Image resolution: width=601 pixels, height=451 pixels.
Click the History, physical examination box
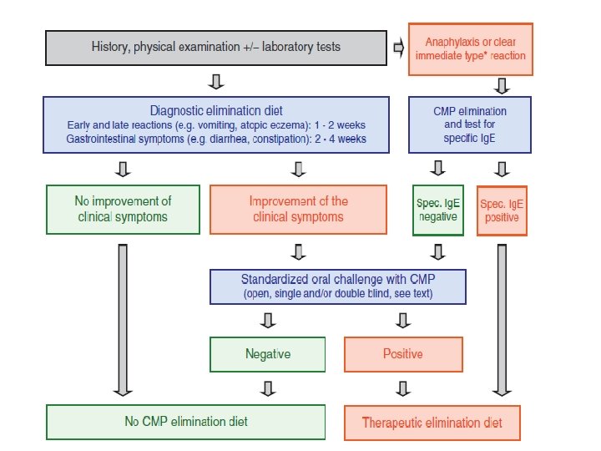215,48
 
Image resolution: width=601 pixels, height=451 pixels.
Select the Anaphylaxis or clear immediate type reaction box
471,48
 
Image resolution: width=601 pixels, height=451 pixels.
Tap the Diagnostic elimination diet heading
216,110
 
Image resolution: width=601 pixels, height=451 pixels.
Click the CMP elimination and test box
470,124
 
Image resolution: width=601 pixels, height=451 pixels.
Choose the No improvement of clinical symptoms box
122,210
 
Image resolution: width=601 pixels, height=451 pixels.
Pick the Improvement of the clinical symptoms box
298,210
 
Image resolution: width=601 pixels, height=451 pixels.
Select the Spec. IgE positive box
502,210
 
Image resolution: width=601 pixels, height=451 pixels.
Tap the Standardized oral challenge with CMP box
337,286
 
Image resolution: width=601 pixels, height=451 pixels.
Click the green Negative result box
268,354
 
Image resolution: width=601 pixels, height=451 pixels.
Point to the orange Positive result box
403,354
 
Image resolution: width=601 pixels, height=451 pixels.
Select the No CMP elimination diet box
185,422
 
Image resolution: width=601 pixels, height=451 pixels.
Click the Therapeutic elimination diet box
432,423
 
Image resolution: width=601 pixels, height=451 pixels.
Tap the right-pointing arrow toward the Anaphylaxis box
398,48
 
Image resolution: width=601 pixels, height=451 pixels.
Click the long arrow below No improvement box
122,317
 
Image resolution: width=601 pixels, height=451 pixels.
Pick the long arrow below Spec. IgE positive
502,317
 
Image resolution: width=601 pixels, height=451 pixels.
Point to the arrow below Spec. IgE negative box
436,251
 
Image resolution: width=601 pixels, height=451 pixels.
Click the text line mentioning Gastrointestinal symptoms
216,138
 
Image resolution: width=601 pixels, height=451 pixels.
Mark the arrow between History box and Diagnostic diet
216,81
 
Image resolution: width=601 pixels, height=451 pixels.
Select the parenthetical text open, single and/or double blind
337,295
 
